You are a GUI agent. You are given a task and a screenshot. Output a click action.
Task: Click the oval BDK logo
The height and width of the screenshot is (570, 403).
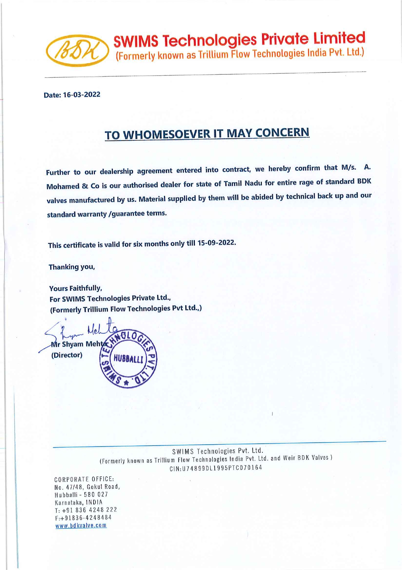(77, 51)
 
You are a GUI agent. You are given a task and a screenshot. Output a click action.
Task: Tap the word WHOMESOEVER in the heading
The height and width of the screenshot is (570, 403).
(166, 134)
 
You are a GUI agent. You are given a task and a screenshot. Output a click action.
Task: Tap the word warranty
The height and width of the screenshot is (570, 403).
(92, 214)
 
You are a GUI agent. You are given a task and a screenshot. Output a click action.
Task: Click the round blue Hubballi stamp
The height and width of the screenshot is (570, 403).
(129, 360)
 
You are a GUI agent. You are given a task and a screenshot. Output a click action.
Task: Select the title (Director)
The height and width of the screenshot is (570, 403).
(67, 355)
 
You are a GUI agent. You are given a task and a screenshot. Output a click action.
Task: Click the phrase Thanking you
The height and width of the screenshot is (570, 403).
(72, 267)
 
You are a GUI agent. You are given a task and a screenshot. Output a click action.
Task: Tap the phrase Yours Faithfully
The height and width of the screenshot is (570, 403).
(76, 288)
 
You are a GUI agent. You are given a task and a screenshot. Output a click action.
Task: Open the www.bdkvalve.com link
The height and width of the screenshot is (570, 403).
(81, 526)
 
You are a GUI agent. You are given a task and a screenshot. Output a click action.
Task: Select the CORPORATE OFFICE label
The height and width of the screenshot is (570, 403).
(84, 479)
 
